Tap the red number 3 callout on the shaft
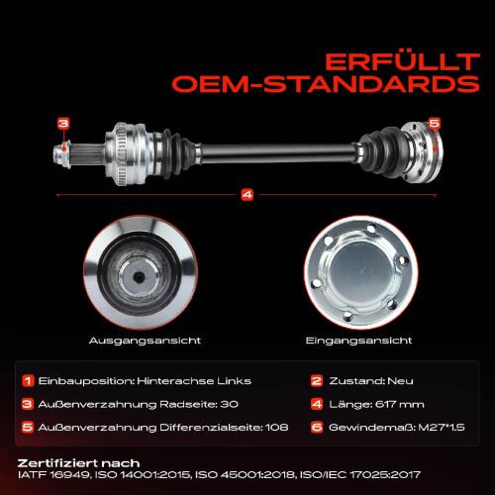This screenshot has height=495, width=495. click(x=62, y=124)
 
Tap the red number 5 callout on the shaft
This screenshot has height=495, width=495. click(x=433, y=124)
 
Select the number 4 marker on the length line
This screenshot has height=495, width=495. click(x=247, y=193)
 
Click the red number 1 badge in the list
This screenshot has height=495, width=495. click(x=28, y=380)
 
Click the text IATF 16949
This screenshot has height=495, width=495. click(x=51, y=474)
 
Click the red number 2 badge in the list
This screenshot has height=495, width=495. click(x=315, y=380)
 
